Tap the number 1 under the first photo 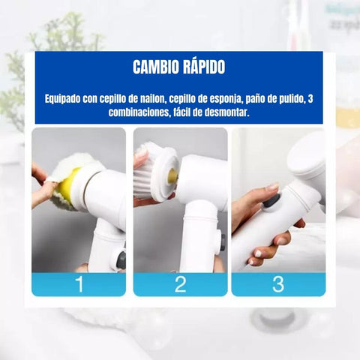pos(78,284)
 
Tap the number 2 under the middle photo pos(180,284)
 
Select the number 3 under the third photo pos(277,284)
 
